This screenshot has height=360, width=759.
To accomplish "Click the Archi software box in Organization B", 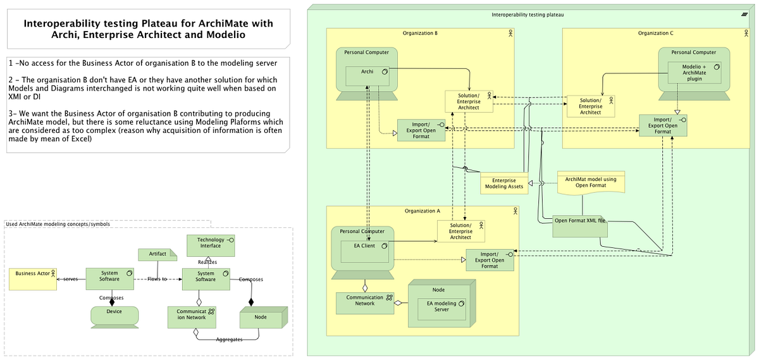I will [x=367, y=76].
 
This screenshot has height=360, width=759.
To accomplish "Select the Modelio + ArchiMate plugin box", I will [x=694, y=73].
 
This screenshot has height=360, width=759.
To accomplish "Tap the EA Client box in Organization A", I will [x=364, y=250].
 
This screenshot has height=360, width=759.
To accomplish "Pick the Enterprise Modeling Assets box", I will [x=503, y=183].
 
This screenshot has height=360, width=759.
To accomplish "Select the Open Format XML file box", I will [x=579, y=225].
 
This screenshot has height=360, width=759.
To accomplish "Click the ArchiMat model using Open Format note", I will [x=590, y=182].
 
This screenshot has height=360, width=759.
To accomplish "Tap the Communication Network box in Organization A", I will [x=365, y=302].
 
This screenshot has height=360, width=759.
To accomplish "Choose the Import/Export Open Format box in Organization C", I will [x=662, y=125].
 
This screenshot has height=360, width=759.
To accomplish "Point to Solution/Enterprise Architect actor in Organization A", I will [x=460, y=232].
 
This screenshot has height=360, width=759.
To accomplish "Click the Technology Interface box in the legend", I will [x=211, y=245].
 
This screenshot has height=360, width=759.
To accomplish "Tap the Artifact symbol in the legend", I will [x=157, y=254].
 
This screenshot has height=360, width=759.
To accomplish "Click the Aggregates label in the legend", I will [x=230, y=340].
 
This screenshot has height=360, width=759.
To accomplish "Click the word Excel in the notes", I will [x=81, y=139].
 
